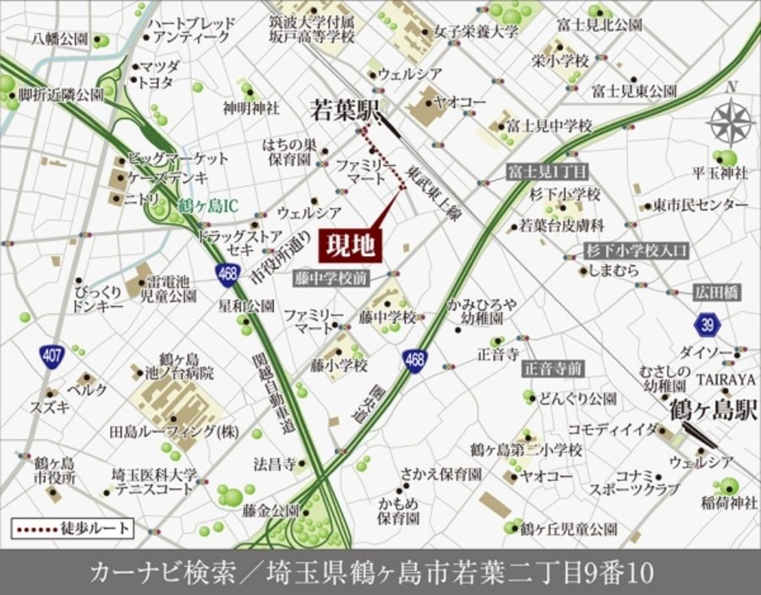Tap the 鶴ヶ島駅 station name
click(x=712, y=412)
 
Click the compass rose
click(x=731, y=122)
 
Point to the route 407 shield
click(x=52, y=356)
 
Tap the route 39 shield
click(x=708, y=324)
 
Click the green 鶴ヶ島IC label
click(x=209, y=205)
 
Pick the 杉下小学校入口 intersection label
click(x=638, y=250)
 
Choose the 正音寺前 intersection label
click(x=553, y=368)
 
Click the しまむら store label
click(x=615, y=270)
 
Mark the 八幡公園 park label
click(x=60, y=39)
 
